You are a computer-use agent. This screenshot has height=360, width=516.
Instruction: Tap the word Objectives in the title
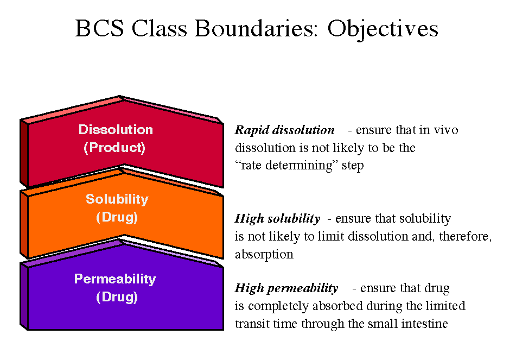pyautogui.click(x=383, y=28)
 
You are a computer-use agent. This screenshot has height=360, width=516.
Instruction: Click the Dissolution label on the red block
pyautogui.click(x=116, y=130)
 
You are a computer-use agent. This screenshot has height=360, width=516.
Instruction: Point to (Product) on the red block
pyautogui.click(x=114, y=148)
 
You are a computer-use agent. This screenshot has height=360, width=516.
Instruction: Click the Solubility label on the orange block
pyautogui.click(x=117, y=199)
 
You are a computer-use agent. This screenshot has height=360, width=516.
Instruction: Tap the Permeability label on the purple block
pyautogui.click(x=115, y=279)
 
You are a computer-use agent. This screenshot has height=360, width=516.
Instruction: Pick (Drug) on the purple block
pyautogui.click(x=117, y=298)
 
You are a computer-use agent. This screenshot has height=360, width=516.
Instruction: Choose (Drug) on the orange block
pyautogui.click(x=117, y=218)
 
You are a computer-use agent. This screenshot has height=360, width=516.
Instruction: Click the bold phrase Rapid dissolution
pyautogui.click(x=284, y=130)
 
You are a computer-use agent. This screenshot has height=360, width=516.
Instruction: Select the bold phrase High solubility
pyautogui.click(x=277, y=219)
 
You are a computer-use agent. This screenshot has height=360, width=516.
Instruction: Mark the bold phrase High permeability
pyautogui.click(x=286, y=288)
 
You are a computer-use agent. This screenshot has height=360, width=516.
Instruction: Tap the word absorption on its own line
pyautogui.click(x=264, y=254)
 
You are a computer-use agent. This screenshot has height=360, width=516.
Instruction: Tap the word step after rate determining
pyautogui.click(x=352, y=166)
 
